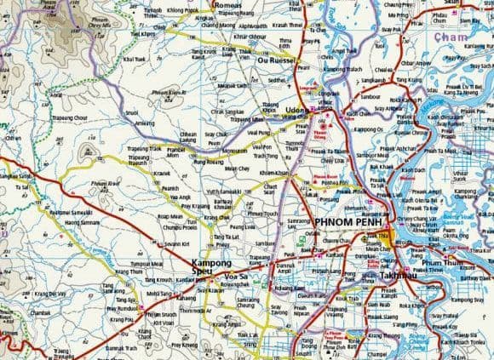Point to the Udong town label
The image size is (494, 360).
pyautogui.click(x=296, y=111)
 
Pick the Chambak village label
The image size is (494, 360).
pyautogui.click(x=41, y=313)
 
